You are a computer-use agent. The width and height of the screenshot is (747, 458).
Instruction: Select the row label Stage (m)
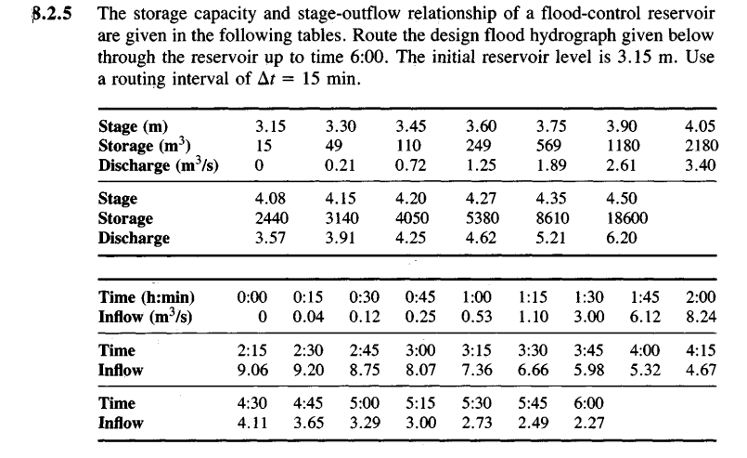138,126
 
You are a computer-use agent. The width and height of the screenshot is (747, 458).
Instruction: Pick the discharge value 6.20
620,237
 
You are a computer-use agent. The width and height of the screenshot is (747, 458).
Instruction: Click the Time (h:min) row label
144,297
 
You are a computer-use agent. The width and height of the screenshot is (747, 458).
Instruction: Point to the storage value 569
553,145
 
